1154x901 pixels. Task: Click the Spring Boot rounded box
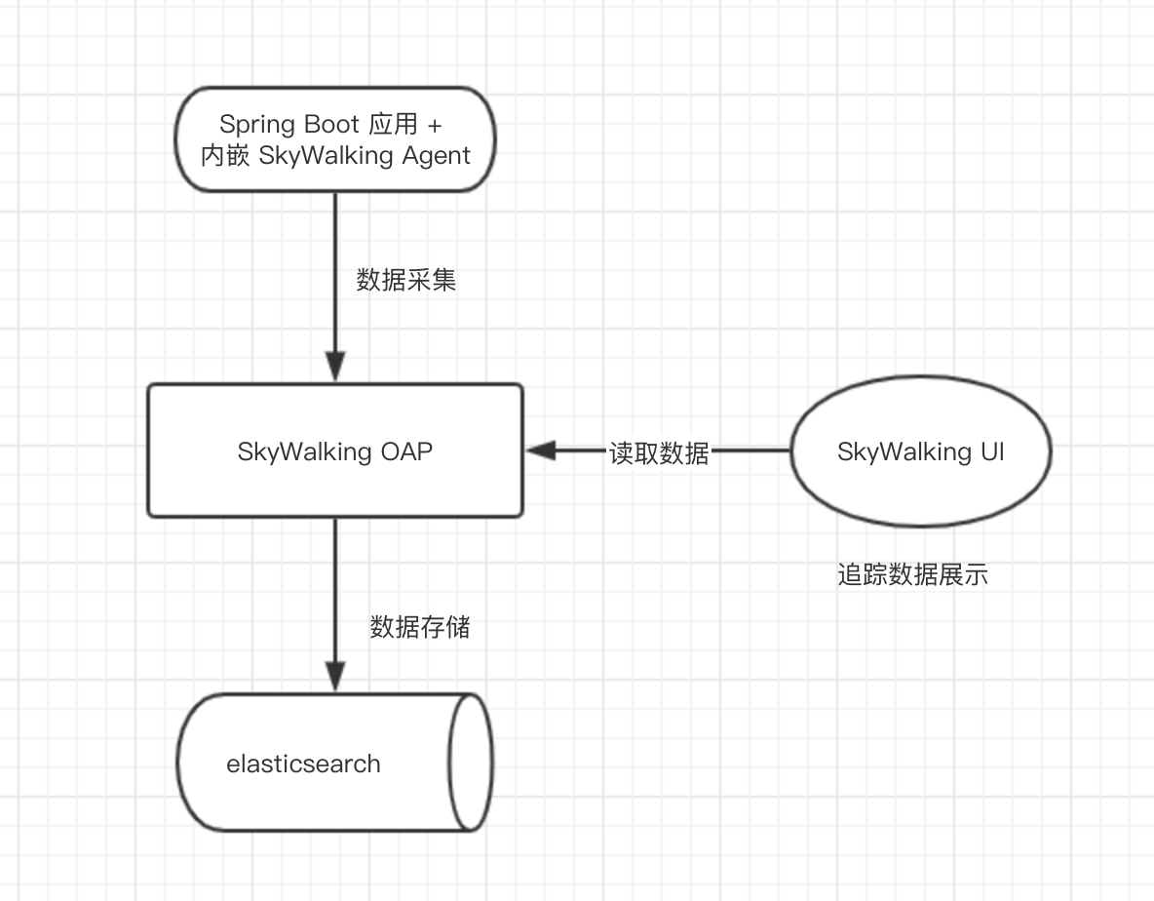coord(335,138)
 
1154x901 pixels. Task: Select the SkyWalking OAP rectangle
coord(335,450)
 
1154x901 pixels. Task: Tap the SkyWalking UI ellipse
coord(920,451)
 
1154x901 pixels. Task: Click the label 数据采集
coord(406,281)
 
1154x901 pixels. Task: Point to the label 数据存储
coord(420,627)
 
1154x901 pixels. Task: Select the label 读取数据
coord(660,452)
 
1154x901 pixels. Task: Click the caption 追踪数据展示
coord(912,575)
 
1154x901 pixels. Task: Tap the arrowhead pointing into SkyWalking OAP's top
coord(335,369)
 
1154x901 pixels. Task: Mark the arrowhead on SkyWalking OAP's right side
coord(540,450)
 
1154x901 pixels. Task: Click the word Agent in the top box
coord(434,155)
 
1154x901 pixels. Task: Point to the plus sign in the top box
coord(436,124)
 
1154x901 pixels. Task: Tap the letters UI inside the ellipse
coord(991,451)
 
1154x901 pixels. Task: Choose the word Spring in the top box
coord(254,125)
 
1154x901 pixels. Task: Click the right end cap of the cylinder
coord(470,763)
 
